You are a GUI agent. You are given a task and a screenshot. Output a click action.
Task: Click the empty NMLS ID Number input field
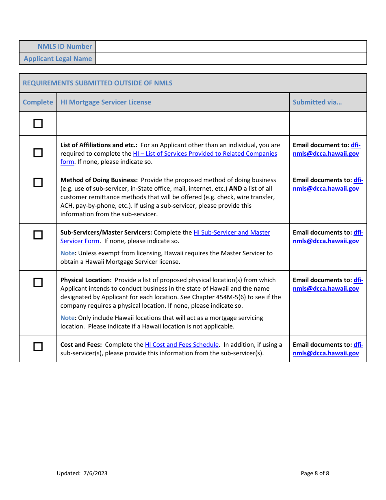[x=231, y=46]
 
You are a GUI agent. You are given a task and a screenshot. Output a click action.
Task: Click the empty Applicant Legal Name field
[x=231, y=59]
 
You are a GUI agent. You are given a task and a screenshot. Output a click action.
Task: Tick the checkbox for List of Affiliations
[x=38, y=153]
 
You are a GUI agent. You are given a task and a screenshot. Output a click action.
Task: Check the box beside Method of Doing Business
[x=38, y=183]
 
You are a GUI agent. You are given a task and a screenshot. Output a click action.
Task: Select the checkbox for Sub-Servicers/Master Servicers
[x=38, y=235]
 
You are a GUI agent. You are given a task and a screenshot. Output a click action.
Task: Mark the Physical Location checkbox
[x=38, y=283]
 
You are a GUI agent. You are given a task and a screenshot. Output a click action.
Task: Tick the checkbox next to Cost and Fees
[x=38, y=347]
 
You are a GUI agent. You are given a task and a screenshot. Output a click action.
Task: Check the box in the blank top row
[x=38, y=124]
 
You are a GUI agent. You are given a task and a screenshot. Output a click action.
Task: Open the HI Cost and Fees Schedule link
[x=182, y=345]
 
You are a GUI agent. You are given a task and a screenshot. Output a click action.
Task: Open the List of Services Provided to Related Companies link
[x=205, y=154]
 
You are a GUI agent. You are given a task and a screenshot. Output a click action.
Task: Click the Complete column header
[x=38, y=102]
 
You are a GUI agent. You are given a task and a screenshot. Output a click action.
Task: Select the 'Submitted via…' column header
[x=317, y=102]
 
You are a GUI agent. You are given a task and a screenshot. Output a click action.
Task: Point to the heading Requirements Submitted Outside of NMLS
[x=98, y=83]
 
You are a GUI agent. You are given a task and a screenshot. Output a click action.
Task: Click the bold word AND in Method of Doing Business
[x=235, y=189]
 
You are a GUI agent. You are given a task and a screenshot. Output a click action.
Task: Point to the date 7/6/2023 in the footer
[x=95, y=473]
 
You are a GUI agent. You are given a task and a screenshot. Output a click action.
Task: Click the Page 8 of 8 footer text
[x=315, y=473]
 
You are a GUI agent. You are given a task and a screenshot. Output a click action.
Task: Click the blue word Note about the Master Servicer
[x=67, y=253]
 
